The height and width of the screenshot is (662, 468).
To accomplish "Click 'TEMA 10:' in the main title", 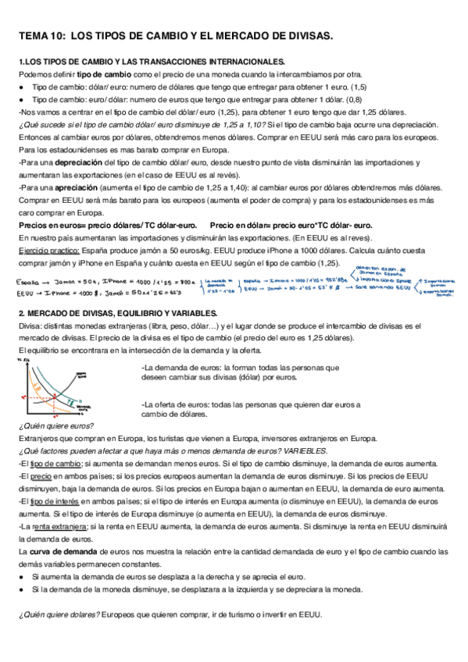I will [x=41, y=36].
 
